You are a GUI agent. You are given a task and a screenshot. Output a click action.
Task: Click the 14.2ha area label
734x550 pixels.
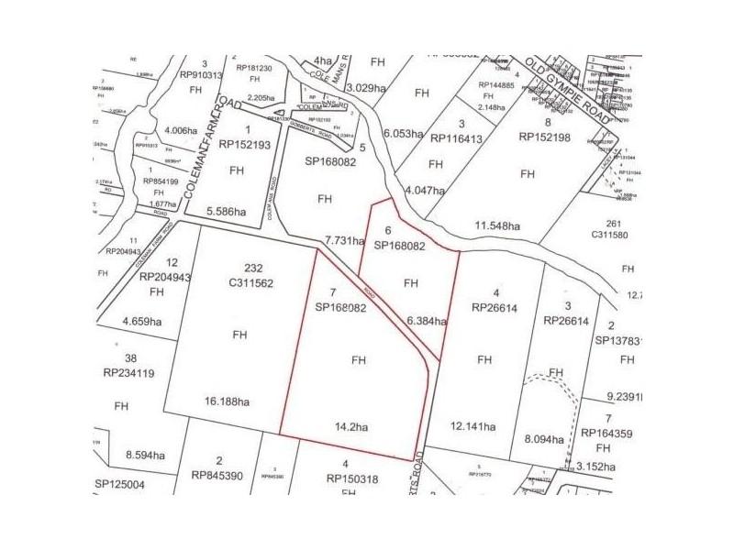pos(353,426)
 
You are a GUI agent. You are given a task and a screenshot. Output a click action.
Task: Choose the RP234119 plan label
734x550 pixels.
pos(130,373)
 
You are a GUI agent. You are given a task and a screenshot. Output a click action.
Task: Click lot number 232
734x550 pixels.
pos(241,269)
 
